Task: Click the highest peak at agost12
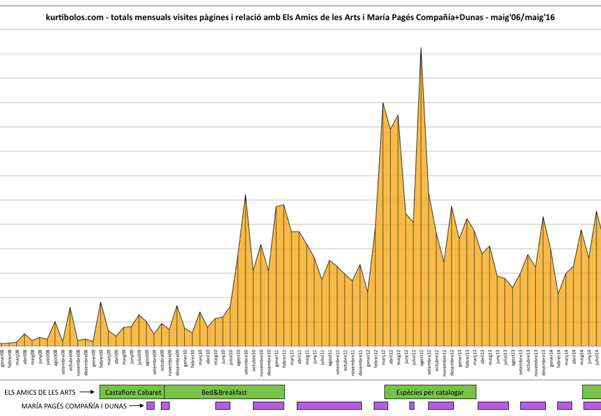tap(421, 48)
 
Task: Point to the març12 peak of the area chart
tap(383, 103)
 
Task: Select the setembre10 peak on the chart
tap(245, 195)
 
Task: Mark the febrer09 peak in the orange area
tap(100, 303)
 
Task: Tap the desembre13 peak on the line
tap(543, 217)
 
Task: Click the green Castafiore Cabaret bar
tap(132, 392)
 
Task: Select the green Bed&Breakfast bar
tap(224, 392)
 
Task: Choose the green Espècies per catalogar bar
tap(430, 392)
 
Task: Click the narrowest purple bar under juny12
tap(412, 406)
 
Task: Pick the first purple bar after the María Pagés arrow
tap(150, 406)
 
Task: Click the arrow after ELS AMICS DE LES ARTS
tap(88, 392)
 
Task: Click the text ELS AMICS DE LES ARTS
tap(39, 392)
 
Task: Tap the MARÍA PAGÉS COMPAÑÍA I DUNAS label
tap(74, 406)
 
